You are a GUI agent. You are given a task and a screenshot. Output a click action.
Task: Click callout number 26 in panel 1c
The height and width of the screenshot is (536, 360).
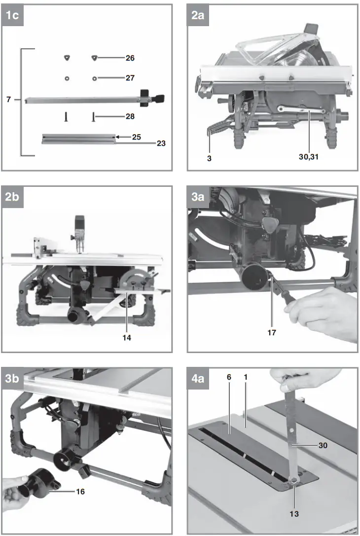[x=130, y=58]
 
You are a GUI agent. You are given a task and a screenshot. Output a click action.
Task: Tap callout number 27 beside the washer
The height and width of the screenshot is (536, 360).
[x=130, y=78]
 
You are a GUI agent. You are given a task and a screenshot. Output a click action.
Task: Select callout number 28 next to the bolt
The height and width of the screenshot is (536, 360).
[x=130, y=117]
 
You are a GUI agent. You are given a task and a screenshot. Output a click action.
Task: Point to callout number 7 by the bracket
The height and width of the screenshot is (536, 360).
[x=8, y=100]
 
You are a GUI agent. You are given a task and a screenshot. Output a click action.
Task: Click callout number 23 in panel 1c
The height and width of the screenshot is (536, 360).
[x=161, y=143]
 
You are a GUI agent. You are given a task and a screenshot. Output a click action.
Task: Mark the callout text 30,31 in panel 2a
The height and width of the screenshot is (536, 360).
[x=310, y=157]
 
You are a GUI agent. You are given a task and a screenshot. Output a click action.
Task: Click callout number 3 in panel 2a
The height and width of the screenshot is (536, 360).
[x=209, y=157]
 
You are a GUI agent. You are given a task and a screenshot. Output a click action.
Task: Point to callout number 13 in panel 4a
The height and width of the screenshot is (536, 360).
[x=294, y=514]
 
